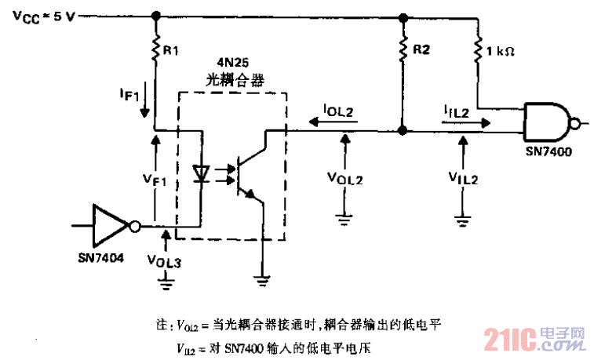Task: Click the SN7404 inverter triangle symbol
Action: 112,225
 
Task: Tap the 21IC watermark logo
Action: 534,339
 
